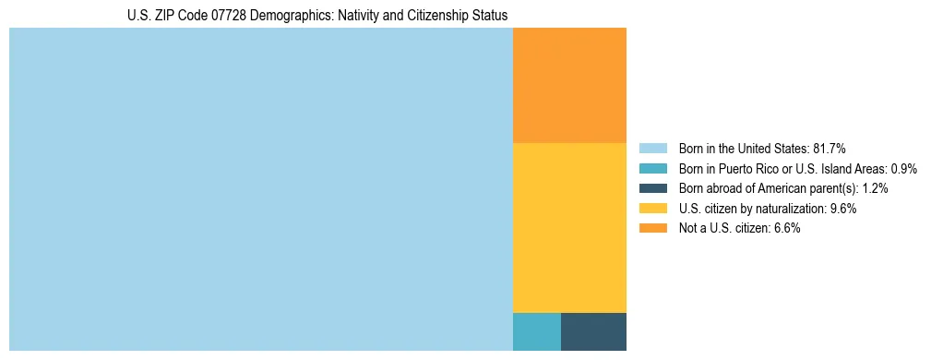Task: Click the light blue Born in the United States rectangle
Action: tap(260, 189)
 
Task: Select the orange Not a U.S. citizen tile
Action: tap(569, 85)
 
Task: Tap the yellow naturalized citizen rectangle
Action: tap(569, 227)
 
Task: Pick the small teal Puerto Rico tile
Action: tap(536, 331)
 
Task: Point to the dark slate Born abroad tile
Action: tap(593, 331)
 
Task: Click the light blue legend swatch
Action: tap(652, 148)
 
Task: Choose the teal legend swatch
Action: tap(652, 168)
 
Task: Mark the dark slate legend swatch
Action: tap(652, 188)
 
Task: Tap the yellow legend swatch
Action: tap(652, 209)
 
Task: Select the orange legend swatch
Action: tap(652, 229)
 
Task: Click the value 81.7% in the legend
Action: tap(829, 148)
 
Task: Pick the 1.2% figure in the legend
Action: tap(875, 188)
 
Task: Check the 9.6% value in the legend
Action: tap(843, 209)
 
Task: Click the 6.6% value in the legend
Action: tap(786, 229)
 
